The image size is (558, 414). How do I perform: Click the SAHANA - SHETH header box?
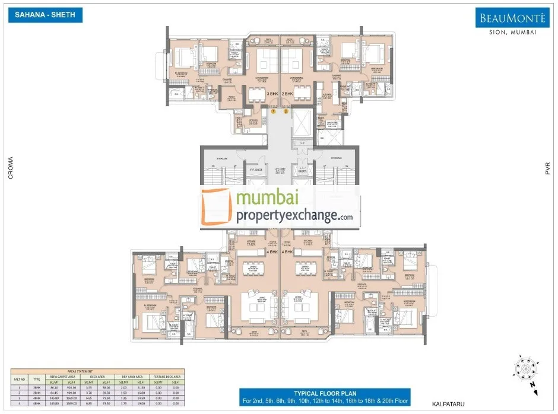45,15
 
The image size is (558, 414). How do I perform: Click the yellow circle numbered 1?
273,111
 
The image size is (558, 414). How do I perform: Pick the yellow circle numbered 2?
286,111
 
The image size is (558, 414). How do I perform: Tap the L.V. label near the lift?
302,142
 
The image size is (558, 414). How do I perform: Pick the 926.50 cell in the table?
70,387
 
